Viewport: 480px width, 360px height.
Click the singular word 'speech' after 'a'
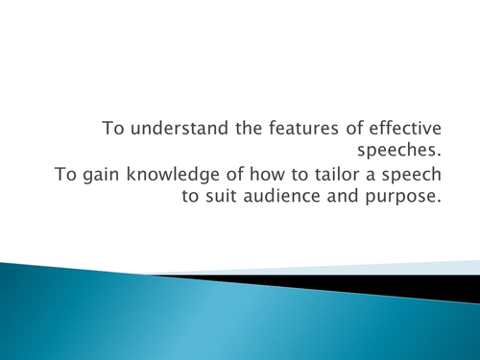click(x=420, y=179)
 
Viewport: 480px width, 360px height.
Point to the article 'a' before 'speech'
click(x=384, y=179)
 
